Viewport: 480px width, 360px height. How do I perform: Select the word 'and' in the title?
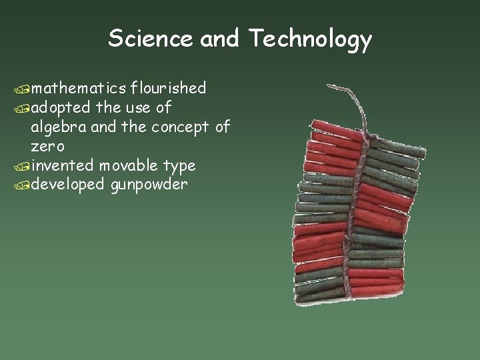(219, 39)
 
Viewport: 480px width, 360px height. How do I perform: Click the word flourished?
(168, 87)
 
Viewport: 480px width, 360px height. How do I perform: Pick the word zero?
(47, 145)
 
